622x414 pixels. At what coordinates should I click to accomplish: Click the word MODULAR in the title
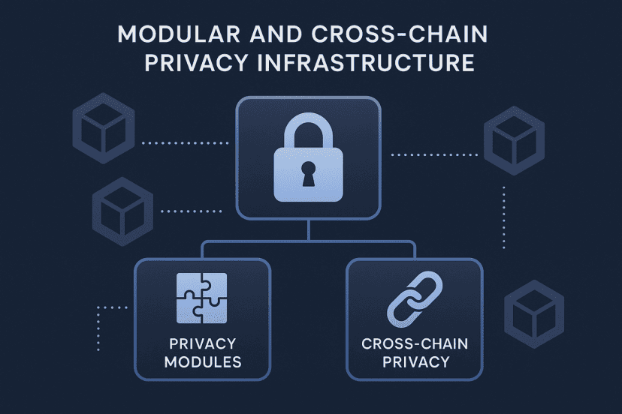tap(172, 35)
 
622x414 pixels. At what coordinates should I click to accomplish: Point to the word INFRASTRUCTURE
tap(366, 62)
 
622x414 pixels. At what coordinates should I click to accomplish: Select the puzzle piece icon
tap(201, 297)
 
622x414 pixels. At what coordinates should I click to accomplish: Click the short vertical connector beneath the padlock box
tap(309, 232)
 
